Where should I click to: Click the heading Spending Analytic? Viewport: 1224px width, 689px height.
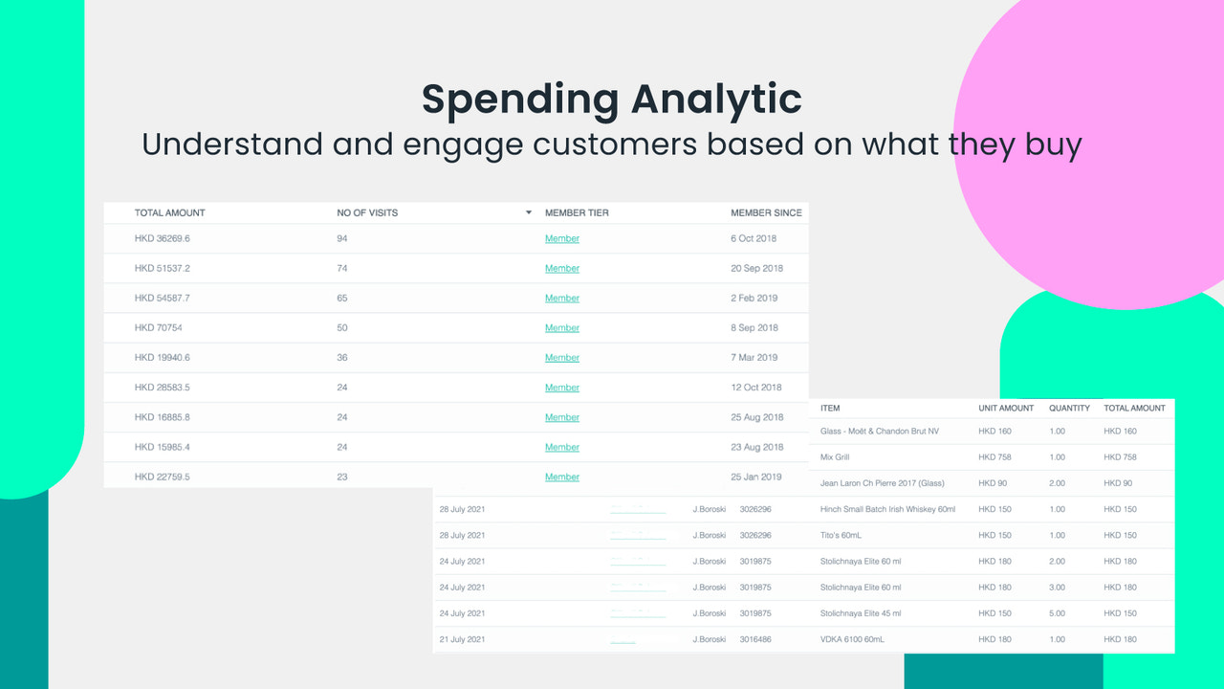pyautogui.click(x=611, y=100)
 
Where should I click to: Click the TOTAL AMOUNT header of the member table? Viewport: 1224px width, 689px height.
pyautogui.click(x=170, y=212)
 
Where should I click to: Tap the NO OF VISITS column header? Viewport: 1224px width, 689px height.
pyautogui.click(x=367, y=212)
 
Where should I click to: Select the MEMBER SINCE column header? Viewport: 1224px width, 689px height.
pyautogui.click(x=766, y=212)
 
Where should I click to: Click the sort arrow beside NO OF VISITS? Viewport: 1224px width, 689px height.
pyautogui.click(x=529, y=212)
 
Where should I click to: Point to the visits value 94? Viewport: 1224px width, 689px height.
pyautogui.click(x=342, y=238)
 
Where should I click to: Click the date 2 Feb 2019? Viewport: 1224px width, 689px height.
pyautogui.click(x=754, y=298)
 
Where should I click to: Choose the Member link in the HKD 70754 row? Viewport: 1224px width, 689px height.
pyautogui.click(x=562, y=328)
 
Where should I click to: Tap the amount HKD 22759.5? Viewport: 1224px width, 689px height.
pyautogui.click(x=162, y=477)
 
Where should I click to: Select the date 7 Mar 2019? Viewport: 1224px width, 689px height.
pyautogui.click(x=754, y=358)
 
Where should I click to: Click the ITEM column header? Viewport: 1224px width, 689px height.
pyautogui.click(x=830, y=408)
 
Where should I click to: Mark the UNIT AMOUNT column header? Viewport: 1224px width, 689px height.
pyautogui.click(x=1006, y=408)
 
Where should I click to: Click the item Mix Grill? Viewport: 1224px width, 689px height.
pyautogui.click(x=835, y=457)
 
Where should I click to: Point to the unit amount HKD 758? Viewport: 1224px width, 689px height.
pyautogui.click(x=994, y=457)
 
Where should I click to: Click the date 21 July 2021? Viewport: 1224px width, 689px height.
pyautogui.click(x=462, y=639)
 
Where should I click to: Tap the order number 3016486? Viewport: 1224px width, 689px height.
pyautogui.click(x=755, y=639)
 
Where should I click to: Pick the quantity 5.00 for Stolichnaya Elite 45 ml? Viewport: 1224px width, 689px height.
pyautogui.click(x=1057, y=613)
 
